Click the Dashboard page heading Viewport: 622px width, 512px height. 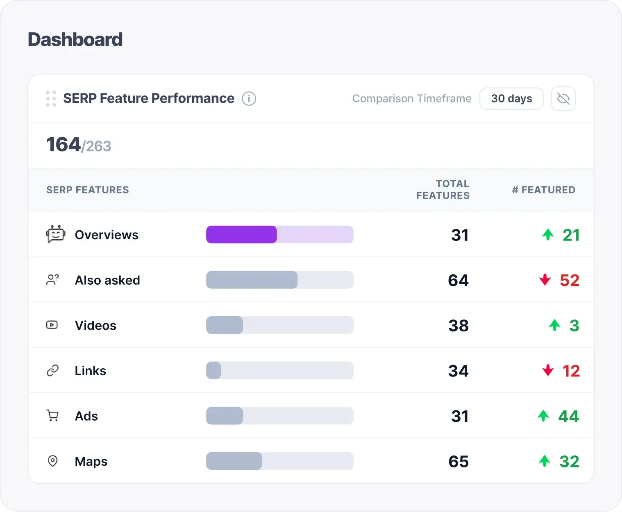(75, 40)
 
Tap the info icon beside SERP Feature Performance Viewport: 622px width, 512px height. (249, 99)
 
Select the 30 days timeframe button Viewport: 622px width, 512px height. (511, 99)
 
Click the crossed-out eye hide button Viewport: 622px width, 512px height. (563, 99)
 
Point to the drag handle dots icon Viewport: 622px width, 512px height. (51, 99)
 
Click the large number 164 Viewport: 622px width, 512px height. (63, 145)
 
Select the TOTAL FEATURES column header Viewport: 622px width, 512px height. (443, 190)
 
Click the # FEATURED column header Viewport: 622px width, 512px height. (543, 190)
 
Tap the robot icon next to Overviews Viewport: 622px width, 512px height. (55, 234)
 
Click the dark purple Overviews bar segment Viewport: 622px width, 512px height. (241, 235)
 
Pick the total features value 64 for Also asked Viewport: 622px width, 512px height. (458, 281)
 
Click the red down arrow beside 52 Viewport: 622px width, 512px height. (545, 280)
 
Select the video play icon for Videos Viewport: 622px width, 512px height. (52, 325)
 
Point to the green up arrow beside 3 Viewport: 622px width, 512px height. (554, 325)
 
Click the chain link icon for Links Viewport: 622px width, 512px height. (52, 371)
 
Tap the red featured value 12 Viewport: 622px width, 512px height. (571, 371)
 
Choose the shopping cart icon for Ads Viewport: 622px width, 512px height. (52, 416)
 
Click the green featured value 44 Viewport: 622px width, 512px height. (568, 417)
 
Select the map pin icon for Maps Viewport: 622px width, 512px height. (52, 461)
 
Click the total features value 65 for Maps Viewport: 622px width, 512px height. (458, 462)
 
